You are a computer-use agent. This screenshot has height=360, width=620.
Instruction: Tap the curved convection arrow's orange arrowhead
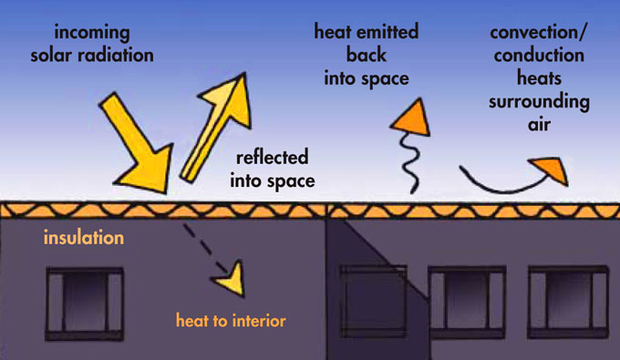pos(549,169)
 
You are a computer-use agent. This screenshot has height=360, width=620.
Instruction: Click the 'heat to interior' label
pos(232,321)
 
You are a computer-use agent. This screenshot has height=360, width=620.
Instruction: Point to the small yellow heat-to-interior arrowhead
pos(235,277)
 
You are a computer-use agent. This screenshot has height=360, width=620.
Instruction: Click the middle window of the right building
pos(468,302)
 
